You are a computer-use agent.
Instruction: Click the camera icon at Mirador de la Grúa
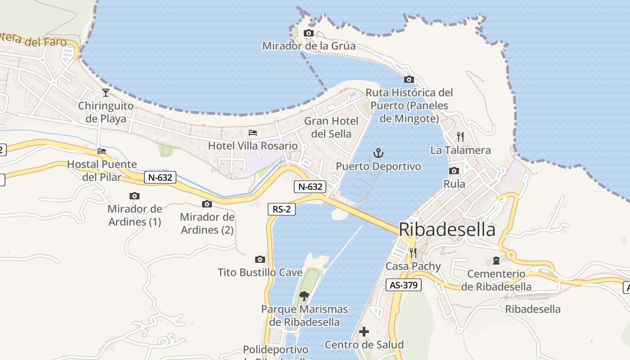click(309, 33)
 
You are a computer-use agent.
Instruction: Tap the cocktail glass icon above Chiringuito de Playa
click(106, 93)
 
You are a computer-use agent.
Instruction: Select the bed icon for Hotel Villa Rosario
click(253, 133)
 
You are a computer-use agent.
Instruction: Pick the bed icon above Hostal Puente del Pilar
click(102, 151)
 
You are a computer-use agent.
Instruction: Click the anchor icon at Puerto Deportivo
click(378, 153)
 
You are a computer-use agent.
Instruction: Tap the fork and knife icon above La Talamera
click(460, 137)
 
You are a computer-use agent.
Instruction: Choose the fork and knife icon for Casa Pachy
click(413, 253)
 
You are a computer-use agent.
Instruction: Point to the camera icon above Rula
click(454, 171)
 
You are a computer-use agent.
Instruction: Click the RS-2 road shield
click(282, 209)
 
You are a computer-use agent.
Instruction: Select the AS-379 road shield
click(404, 285)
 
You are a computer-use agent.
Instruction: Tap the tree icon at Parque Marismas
click(304, 296)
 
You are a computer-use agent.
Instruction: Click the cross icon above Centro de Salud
click(364, 332)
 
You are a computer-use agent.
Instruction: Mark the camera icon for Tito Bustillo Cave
click(260, 259)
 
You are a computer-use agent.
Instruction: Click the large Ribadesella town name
click(447, 229)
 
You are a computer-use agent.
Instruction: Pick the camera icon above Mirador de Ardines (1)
click(134, 196)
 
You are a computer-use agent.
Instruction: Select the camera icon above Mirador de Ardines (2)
click(207, 204)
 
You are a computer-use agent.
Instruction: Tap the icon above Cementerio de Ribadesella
click(496, 261)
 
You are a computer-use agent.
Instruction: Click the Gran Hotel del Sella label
click(331, 127)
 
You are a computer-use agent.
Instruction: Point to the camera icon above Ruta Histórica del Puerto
click(409, 80)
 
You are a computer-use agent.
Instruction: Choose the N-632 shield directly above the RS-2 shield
click(310, 186)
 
